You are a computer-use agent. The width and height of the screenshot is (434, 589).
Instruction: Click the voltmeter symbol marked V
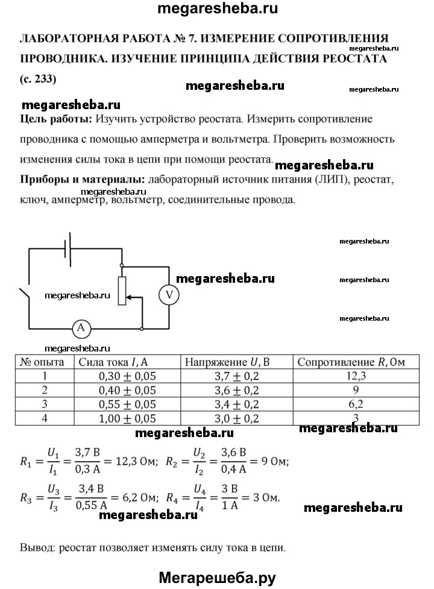(x=169, y=294)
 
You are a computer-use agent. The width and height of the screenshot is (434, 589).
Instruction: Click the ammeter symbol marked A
(x=81, y=328)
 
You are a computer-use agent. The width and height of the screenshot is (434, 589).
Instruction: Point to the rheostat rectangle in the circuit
(x=122, y=291)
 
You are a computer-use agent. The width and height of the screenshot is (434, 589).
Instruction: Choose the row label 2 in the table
(x=43, y=390)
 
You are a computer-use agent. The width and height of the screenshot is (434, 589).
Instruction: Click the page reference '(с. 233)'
(x=40, y=78)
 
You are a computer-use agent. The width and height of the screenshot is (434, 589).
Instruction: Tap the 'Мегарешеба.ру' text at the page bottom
(x=216, y=578)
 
